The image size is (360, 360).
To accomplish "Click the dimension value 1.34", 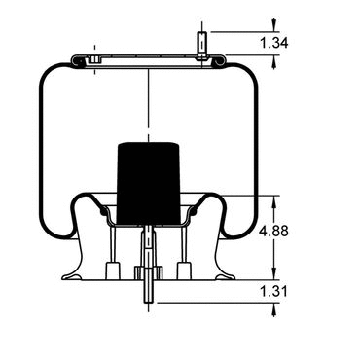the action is [274, 43].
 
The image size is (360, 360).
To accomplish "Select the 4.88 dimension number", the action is [274, 232].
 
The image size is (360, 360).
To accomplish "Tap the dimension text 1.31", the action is [274, 291].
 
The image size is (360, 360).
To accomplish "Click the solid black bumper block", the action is [149, 183].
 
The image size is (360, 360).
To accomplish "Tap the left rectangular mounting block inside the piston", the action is [113, 270].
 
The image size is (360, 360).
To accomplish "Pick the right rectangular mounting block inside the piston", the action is [184, 270].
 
